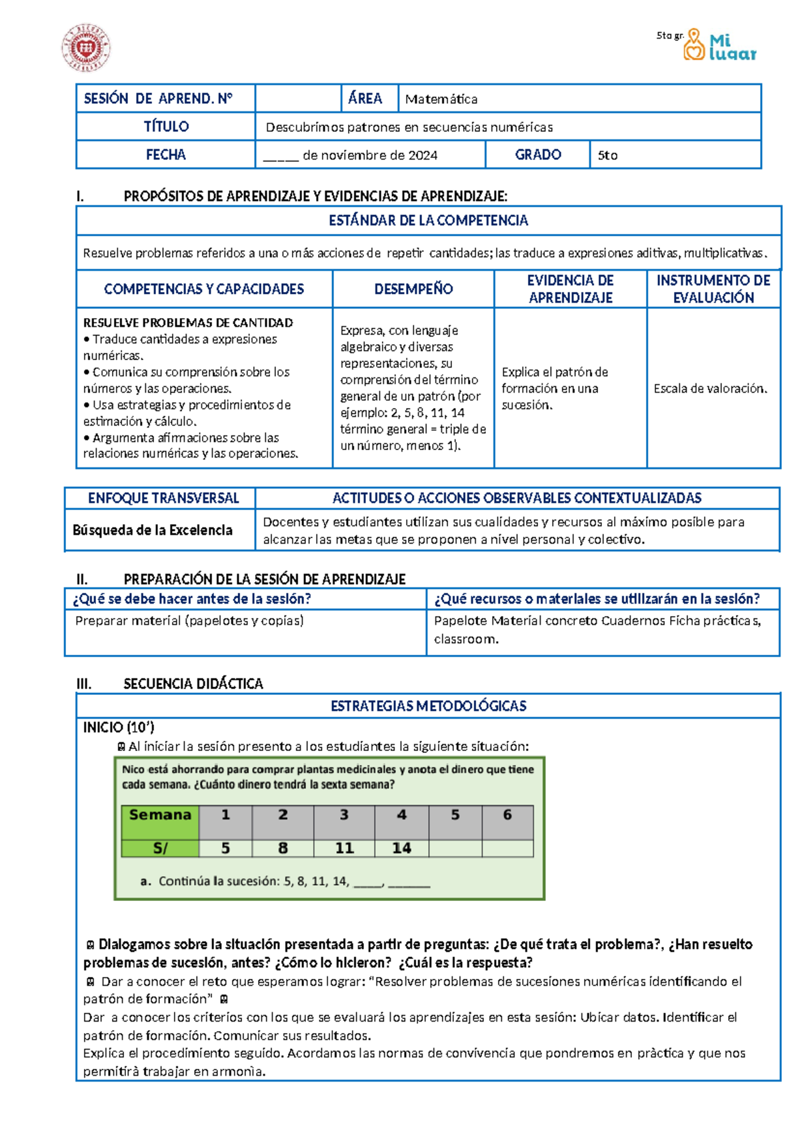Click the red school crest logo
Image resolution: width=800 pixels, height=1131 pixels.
tap(86, 48)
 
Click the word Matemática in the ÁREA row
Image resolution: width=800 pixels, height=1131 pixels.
tap(441, 99)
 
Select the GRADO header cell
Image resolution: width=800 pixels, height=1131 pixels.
tap(537, 155)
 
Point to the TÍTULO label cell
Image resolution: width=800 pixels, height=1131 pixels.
tap(166, 127)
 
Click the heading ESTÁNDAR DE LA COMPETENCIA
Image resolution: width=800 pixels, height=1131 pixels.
tap(428, 221)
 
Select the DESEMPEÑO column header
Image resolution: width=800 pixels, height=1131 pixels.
tap(413, 289)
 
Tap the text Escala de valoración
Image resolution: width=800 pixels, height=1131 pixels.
tap(711, 388)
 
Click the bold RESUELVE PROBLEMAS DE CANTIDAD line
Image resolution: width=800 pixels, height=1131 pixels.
tap(188, 323)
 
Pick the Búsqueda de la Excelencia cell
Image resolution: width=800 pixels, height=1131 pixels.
tap(153, 530)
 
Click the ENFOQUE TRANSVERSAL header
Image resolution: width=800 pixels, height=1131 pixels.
tap(163, 498)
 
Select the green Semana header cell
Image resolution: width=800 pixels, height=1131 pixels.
tap(160, 815)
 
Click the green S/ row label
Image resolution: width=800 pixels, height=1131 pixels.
tap(160, 848)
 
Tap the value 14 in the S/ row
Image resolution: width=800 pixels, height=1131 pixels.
tap(401, 848)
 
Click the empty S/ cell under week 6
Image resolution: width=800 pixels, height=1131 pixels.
tap(507, 848)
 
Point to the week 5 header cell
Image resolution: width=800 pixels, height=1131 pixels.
tap(455, 815)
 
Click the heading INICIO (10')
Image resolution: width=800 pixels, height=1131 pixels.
tap(119, 728)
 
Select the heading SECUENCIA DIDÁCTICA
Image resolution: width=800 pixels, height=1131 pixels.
tap(193, 684)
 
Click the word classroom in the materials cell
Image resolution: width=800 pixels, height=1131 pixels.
tap(466, 639)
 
